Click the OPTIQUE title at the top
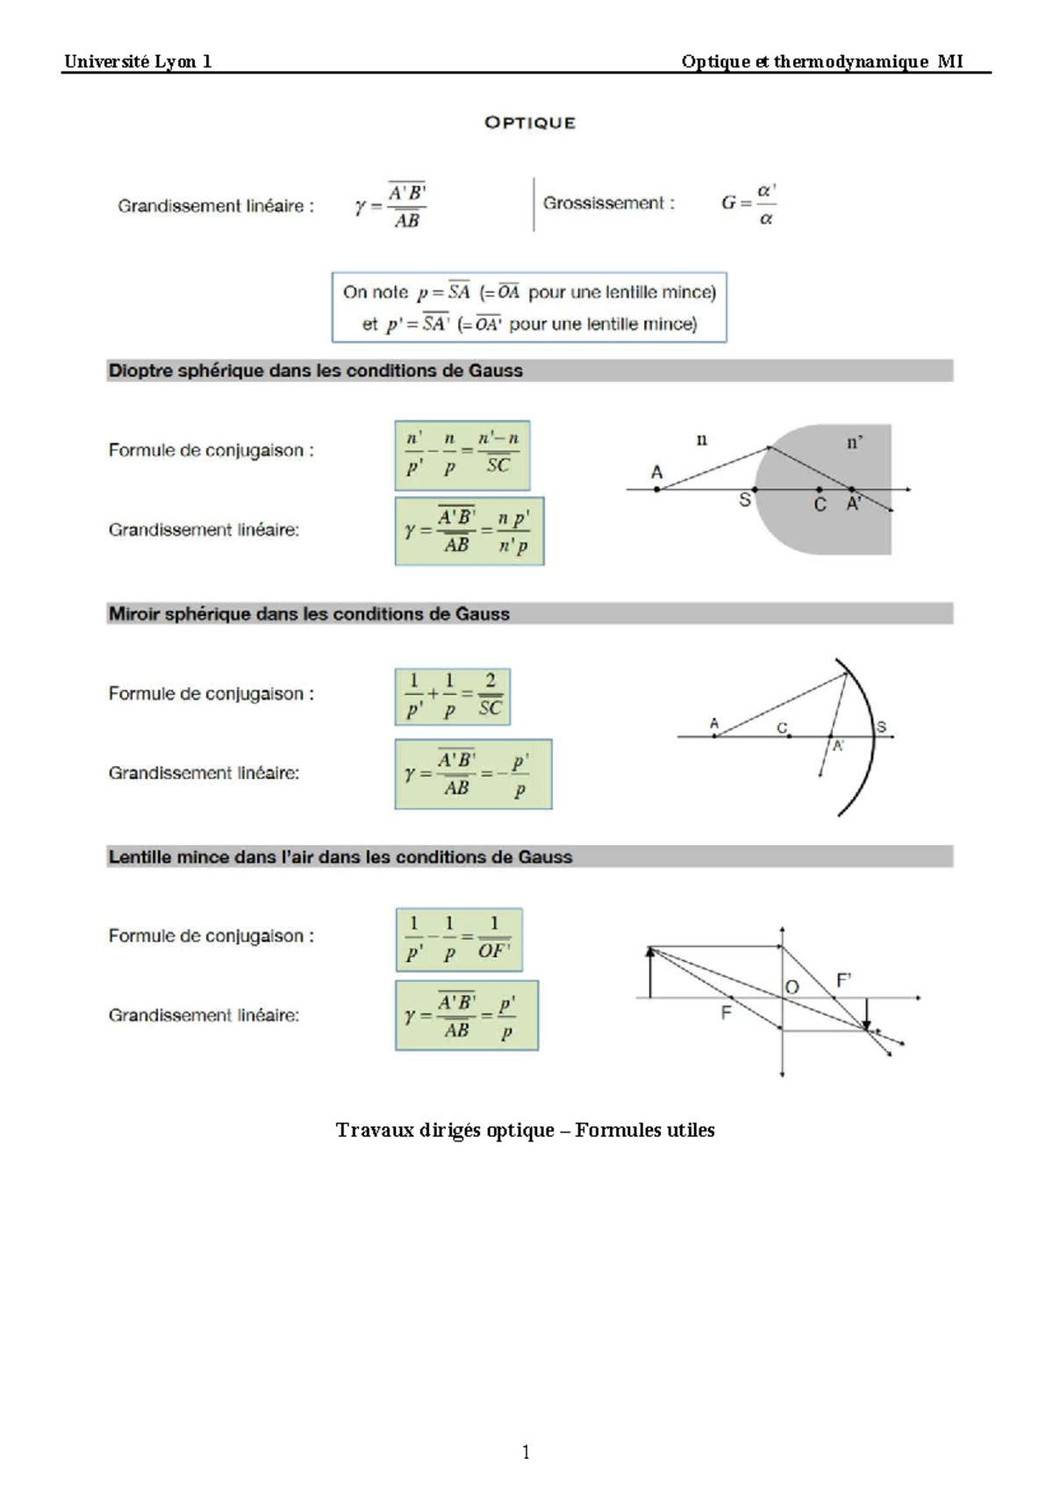click(530, 123)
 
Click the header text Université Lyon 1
click(138, 61)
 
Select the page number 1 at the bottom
click(526, 1452)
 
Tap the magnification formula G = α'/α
click(749, 204)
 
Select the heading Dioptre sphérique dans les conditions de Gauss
click(315, 370)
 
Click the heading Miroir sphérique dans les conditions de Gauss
click(309, 614)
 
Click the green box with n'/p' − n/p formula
click(462, 455)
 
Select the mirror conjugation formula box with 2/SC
click(453, 697)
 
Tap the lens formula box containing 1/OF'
click(459, 940)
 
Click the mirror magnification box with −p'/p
click(473, 774)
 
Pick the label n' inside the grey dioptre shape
click(854, 443)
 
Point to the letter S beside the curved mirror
click(881, 726)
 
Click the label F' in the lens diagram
click(844, 981)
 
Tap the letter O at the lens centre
click(792, 987)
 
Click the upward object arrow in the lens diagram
click(650, 971)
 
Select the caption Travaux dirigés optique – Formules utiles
click(525, 1130)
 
